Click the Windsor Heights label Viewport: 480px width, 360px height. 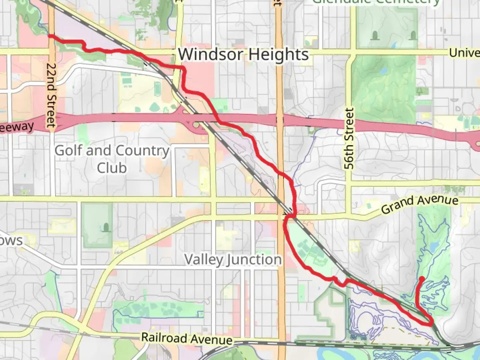243,54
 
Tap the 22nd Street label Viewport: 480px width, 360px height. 51,95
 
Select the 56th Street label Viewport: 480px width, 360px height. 349,139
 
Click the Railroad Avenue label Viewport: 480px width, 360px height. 187,339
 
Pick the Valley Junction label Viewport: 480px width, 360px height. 233,260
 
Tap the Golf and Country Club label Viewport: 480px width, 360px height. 112,159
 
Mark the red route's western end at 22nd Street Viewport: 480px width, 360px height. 50,36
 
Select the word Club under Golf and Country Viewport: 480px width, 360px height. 112,168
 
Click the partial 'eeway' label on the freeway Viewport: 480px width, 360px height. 17,127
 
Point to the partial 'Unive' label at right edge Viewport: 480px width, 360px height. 464,53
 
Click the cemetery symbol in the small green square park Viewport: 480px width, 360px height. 106,228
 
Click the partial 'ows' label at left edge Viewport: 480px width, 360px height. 11,240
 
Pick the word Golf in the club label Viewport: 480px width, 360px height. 68,150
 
